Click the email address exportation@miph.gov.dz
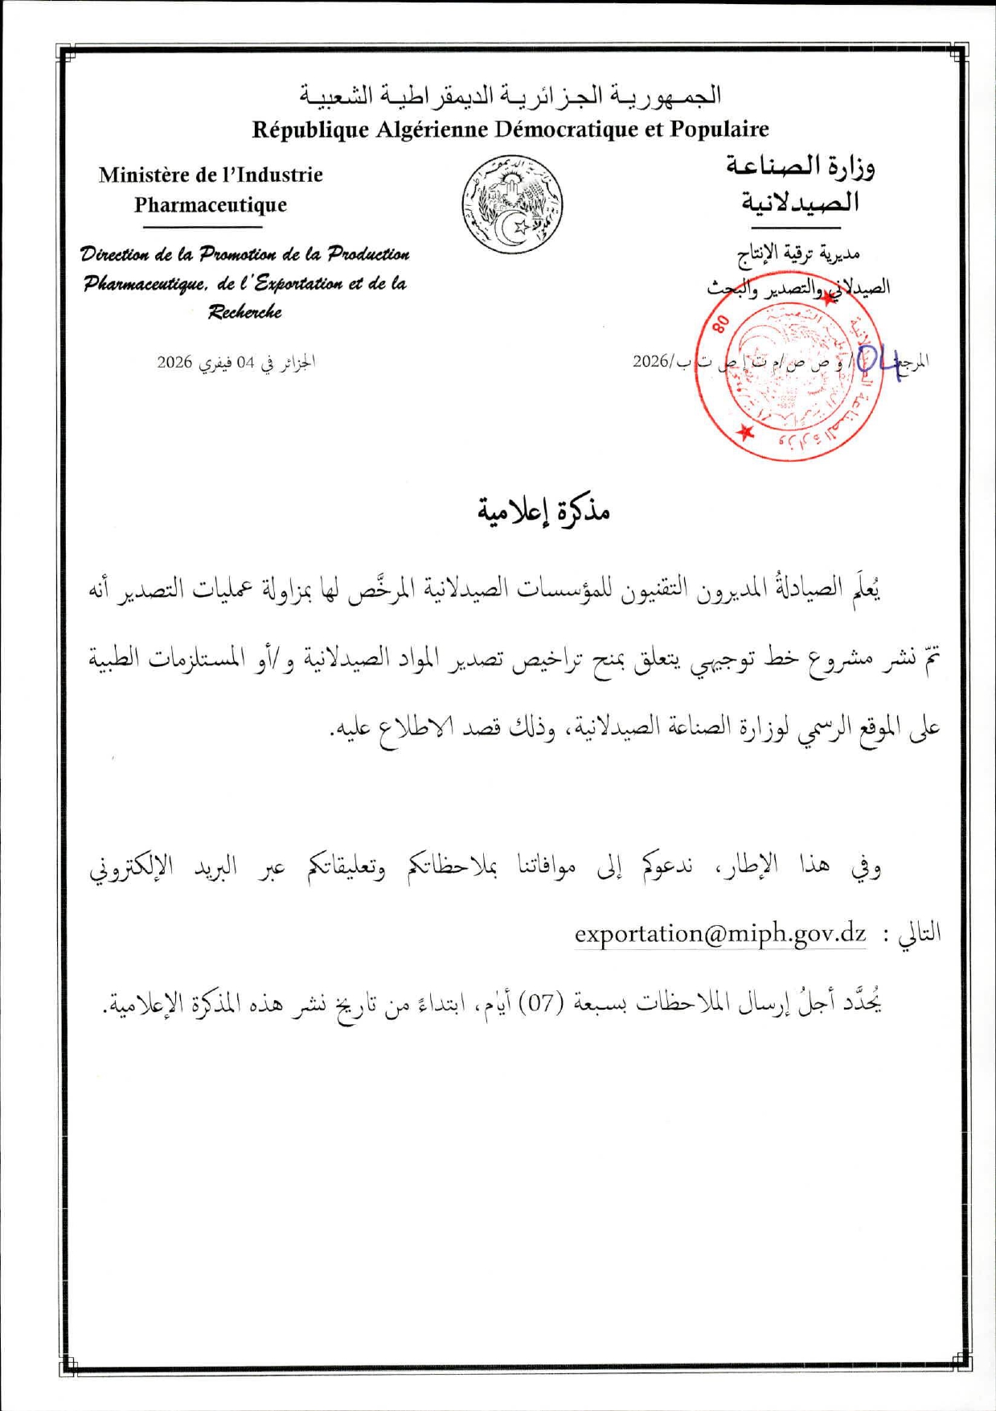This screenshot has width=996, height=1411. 719,934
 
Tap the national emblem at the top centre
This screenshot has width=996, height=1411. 512,204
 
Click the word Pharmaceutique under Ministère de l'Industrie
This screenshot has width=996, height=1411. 211,205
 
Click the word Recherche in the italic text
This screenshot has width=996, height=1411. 244,312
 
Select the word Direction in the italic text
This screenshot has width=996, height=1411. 114,255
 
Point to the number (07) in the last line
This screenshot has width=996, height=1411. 541,1003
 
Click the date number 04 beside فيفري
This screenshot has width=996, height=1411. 245,363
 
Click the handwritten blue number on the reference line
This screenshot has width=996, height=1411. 878,360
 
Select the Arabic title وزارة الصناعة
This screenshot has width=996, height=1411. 800,167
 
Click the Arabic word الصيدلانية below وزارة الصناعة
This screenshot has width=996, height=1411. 800,201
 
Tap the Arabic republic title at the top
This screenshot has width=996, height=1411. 511,96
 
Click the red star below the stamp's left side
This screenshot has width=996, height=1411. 747,433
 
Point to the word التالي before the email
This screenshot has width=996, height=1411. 919,933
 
